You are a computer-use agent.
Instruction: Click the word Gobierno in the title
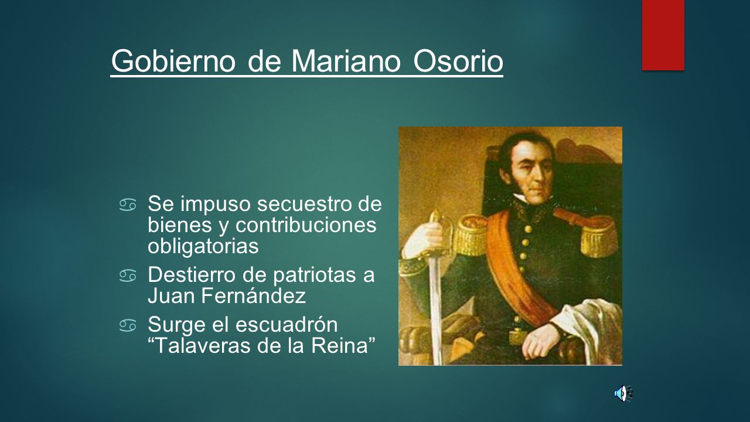pyautogui.click(x=173, y=62)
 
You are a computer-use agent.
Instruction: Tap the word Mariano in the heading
pyautogui.click(x=346, y=62)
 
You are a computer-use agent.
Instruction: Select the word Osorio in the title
pyautogui.click(x=458, y=62)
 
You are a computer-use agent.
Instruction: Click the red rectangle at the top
pyautogui.click(x=663, y=35)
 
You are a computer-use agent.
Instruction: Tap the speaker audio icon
pyautogui.click(x=623, y=393)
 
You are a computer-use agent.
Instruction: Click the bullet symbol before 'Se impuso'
pyautogui.click(x=128, y=205)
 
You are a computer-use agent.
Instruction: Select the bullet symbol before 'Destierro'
pyautogui.click(x=128, y=276)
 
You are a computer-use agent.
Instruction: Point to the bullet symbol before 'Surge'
pyautogui.click(x=128, y=325)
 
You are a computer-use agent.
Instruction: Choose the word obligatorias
pyautogui.click(x=203, y=247)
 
